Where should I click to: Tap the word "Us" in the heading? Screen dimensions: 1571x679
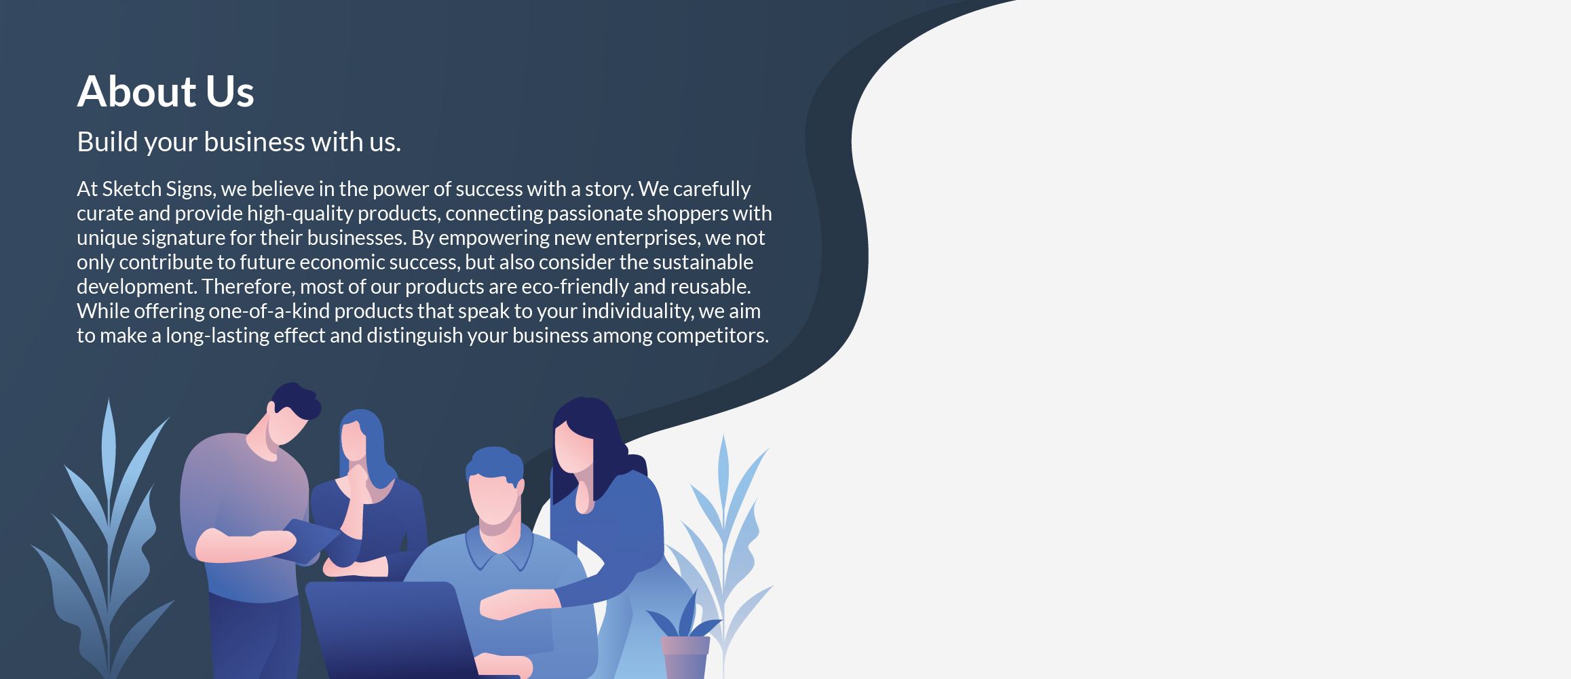[x=230, y=92]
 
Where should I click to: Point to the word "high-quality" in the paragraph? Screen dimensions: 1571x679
[x=299, y=214]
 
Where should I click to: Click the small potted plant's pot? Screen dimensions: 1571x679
[x=685, y=657]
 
